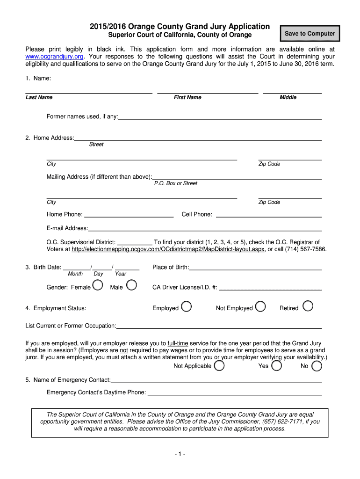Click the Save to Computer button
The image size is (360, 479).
click(x=310, y=34)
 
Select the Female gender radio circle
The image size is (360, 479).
click(x=98, y=285)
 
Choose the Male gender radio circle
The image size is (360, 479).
click(x=132, y=285)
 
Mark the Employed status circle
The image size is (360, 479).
click(x=186, y=306)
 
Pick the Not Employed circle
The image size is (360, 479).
click(x=261, y=306)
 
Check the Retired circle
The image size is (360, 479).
click(x=308, y=306)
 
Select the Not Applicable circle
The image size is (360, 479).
click(x=219, y=365)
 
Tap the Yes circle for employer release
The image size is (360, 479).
click(x=276, y=365)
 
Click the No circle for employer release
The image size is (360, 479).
click(x=317, y=365)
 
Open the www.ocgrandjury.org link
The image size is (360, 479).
click(x=54, y=56)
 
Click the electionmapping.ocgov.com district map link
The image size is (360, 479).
click(x=168, y=249)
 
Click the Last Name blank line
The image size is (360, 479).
click(x=89, y=93)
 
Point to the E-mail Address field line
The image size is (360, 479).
click(x=205, y=230)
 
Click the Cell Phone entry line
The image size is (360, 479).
click(x=268, y=216)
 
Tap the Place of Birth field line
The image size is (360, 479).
click(x=255, y=269)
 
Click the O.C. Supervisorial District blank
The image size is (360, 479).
click(x=134, y=244)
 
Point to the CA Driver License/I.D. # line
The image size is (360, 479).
click(x=270, y=289)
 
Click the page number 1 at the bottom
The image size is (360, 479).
click(x=180, y=454)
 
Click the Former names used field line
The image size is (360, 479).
click(x=220, y=118)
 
